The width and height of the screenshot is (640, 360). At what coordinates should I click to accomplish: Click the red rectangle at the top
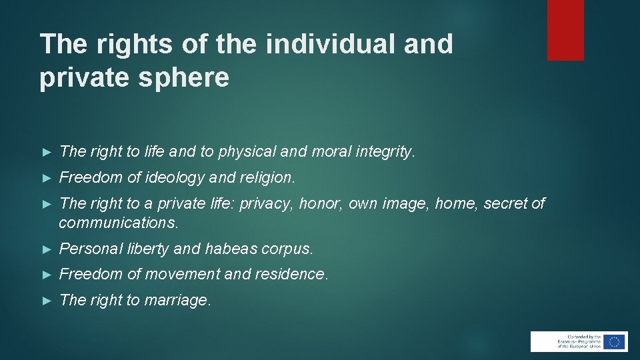[565, 30]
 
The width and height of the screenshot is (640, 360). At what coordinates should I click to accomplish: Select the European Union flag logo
[614, 341]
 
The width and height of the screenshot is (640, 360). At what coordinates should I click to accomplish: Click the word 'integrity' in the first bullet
[384, 152]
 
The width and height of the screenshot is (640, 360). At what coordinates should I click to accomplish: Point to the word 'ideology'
[173, 178]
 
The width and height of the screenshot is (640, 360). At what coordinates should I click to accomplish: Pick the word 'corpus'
[287, 249]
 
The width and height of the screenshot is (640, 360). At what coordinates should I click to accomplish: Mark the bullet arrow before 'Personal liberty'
[46, 249]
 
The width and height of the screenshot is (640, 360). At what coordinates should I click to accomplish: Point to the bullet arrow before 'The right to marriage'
[46, 301]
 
